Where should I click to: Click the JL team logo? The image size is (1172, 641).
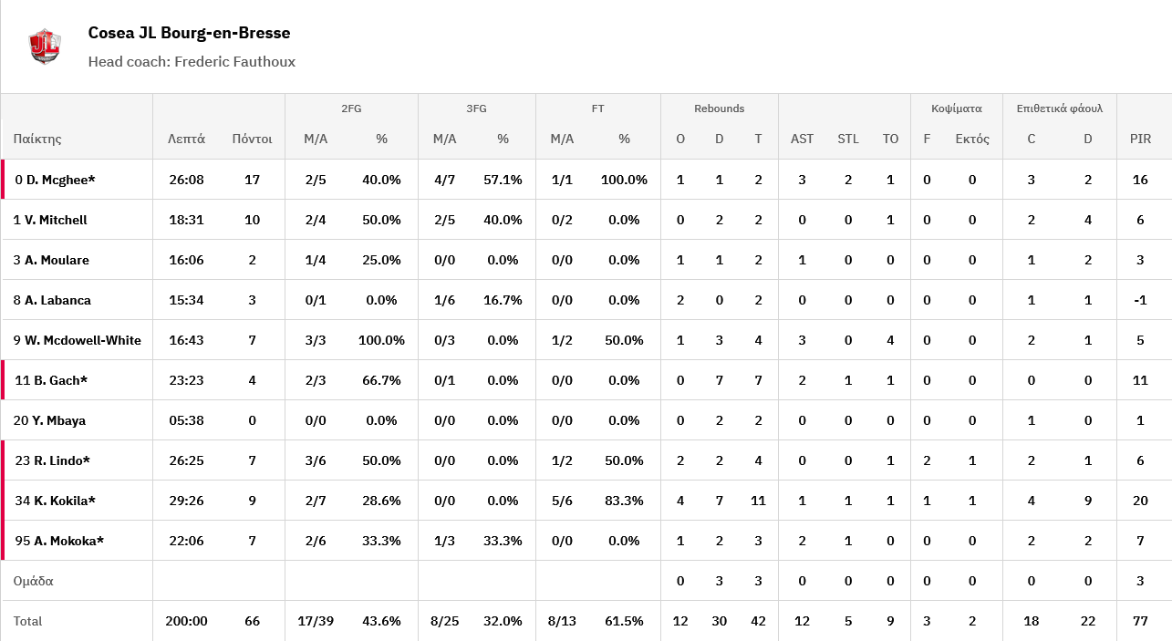click(x=44, y=47)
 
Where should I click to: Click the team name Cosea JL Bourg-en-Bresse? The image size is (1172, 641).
click(x=189, y=33)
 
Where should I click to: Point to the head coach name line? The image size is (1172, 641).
click(x=192, y=62)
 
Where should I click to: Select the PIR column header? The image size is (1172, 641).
click(x=1140, y=140)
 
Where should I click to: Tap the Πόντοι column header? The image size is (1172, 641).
click(x=252, y=140)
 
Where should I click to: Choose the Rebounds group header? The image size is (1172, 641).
click(x=719, y=109)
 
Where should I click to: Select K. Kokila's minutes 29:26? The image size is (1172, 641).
click(x=186, y=501)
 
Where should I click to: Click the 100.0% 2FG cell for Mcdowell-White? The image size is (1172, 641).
click(x=381, y=340)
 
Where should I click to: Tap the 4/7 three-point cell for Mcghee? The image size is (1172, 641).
click(x=444, y=180)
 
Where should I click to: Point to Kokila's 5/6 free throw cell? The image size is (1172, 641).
click(x=562, y=501)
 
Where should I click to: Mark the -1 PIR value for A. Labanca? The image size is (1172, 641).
click(x=1140, y=300)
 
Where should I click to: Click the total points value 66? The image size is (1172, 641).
click(x=252, y=621)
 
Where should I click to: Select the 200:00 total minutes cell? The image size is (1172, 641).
click(x=186, y=621)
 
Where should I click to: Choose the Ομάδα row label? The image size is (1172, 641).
click(x=34, y=581)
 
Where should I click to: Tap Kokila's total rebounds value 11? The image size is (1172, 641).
click(x=758, y=501)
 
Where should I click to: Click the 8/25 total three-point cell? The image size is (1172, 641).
click(x=444, y=621)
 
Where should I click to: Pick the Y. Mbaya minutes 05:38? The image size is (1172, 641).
click(x=186, y=420)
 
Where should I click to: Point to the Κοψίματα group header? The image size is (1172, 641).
click(x=956, y=109)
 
